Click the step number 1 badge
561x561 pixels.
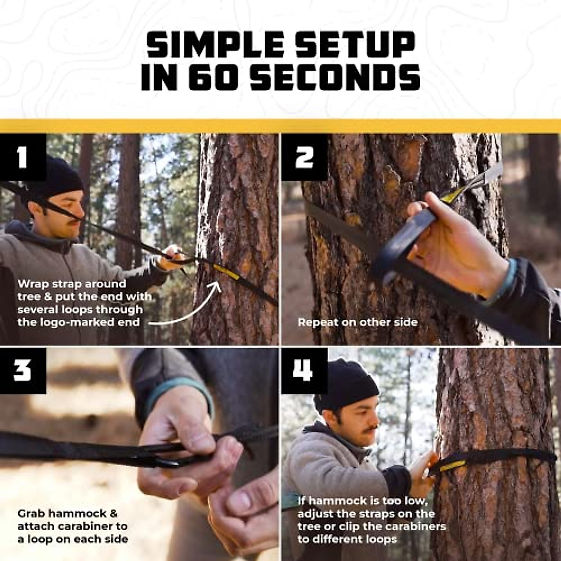point(22,157)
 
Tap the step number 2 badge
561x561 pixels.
point(304,157)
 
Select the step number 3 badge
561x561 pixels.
point(22,370)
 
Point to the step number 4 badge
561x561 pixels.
point(304,370)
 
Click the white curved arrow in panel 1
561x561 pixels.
point(187,309)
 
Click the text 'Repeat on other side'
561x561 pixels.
point(357,322)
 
